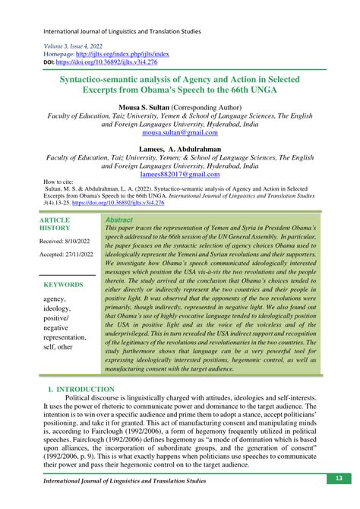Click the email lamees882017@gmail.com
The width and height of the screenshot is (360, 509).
click(180, 174)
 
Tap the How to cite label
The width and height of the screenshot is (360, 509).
click(58, 183)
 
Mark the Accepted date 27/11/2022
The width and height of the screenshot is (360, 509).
click(67, 254)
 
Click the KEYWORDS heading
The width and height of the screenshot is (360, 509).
click(64, 283)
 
